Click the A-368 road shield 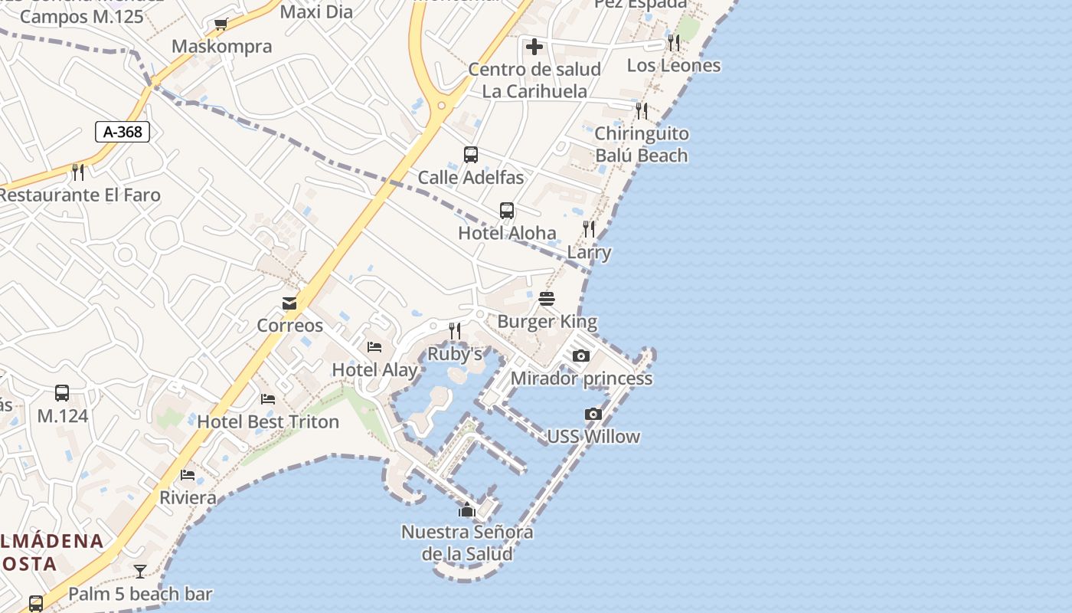[x=123, y=132]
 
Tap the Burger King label [x=547, y=321]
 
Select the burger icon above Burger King [x=547, y=298]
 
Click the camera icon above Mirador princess [x=581, y=356]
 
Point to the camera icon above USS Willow [x=593, y=415]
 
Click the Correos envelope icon [x=289, y=303]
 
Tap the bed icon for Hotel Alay [x=374, y=347]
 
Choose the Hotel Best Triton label [x=268, y=421]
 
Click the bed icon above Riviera [x=188, y=475]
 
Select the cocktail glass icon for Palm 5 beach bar [x=140, y=571]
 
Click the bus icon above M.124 [x=62, y=393]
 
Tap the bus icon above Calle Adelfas [x=471, y=155]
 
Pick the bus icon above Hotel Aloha [x=507, y=211]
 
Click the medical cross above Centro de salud [x=534, y=47]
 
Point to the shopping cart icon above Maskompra [x=221, y=25]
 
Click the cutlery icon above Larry [x=589, y=228]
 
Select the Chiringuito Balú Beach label [x=642, y=145]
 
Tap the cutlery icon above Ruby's [x=455, y=330]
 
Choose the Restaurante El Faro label [x=80, y=195]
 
